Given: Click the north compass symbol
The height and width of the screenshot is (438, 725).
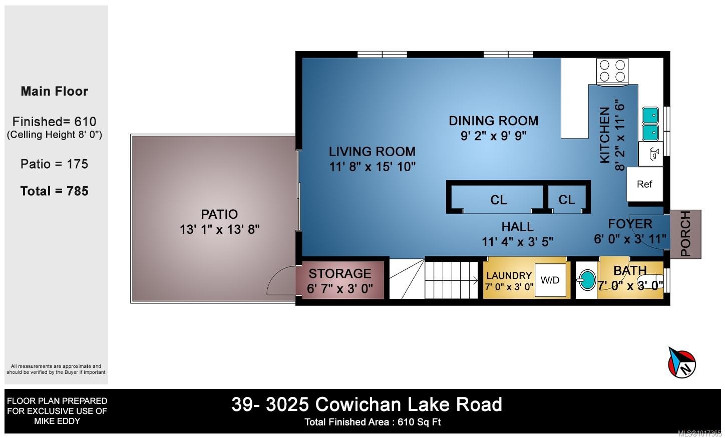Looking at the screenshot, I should (x=682, y=362).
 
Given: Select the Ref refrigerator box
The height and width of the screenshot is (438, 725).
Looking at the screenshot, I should (x=644, y=184).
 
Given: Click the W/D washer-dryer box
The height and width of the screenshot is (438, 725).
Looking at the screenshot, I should (x=550, y=280).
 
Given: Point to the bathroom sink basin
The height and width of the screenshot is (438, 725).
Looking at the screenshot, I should (x=587, y=280).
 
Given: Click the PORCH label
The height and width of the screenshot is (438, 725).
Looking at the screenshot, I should (x=685, y=234).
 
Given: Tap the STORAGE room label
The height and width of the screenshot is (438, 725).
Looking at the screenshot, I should (x=339, y=274).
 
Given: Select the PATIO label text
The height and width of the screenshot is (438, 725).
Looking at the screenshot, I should (x=219, y=214).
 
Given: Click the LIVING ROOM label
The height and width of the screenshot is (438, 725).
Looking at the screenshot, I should (x=372, y=152).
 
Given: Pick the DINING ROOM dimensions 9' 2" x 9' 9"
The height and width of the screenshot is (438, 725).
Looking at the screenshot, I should (x=493, y=136).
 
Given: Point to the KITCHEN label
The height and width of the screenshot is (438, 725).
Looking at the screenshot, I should (x=605, y=135).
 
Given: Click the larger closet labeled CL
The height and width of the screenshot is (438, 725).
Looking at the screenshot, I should (x=498, y=200).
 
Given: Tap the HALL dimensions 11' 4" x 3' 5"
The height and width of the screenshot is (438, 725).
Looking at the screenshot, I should (x=517, y=242).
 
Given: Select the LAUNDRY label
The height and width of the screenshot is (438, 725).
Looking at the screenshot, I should (x=509, y=275).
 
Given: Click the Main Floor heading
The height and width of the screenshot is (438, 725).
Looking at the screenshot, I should (x=55, y=92).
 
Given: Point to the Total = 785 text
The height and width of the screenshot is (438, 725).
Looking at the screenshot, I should (x=55, y=191).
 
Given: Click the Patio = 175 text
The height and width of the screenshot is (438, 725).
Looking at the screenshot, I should (x=55, y=164).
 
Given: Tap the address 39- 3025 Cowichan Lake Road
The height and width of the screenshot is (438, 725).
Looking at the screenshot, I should (x=367, y=404).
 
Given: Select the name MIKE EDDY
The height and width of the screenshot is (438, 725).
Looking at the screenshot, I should (x=57, y=421).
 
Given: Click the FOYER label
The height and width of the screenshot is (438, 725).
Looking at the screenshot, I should (x=630, y=224).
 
